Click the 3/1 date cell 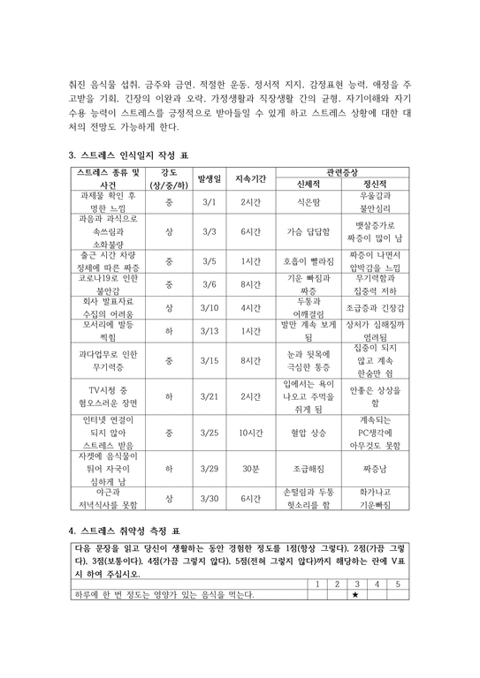[209, 202]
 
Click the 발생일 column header [209, 177]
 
